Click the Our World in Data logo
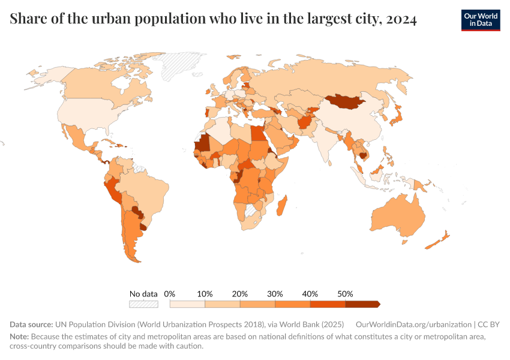pos(480,20)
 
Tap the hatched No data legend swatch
pos(143,304)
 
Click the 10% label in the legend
pos(205,294)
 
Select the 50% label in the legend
pos(345,294)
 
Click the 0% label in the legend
pos(170,294)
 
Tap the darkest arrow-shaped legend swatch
pos(362,304)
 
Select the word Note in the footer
pos(19,337)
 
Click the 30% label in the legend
pos(275,294)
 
